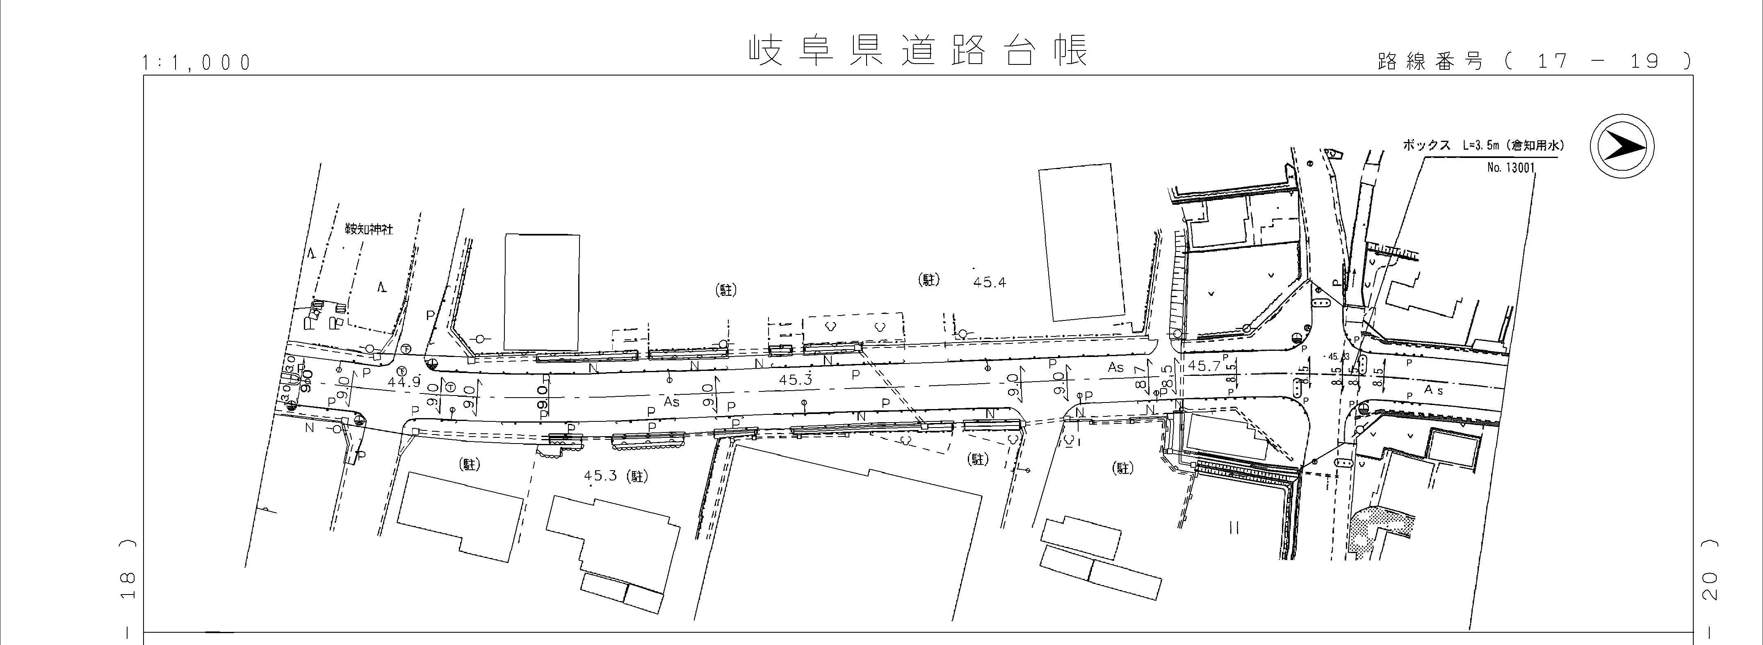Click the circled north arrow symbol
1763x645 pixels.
coord(1622,147)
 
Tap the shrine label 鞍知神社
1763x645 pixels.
coord(369,230)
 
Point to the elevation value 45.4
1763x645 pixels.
coord(989,282)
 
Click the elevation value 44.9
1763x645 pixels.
coord(404,382)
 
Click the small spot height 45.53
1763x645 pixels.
coord(1338,357)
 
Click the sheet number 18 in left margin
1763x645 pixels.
coord(127,586)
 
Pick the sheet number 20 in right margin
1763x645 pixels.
coord(1709,586)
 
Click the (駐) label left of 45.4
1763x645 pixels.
coord(928,280)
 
